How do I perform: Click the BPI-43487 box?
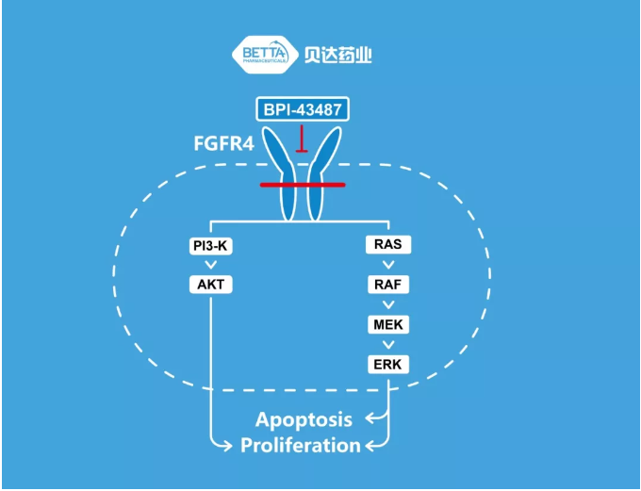pos(303,108)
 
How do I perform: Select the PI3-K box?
pos(209,247)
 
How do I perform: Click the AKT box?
pos(209,285)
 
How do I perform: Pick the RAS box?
pos(388,245)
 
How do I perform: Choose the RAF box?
pos(388,284)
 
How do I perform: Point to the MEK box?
pos(388,324)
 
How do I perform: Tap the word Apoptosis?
pos(304,419)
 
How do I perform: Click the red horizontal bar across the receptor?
pos(303,185)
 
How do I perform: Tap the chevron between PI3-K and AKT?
pos(209,266)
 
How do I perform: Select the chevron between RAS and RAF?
pos(388,265)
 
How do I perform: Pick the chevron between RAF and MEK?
pos(388,304)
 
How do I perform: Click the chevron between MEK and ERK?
pos(388,344)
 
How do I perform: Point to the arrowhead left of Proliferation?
pos(227,445)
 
